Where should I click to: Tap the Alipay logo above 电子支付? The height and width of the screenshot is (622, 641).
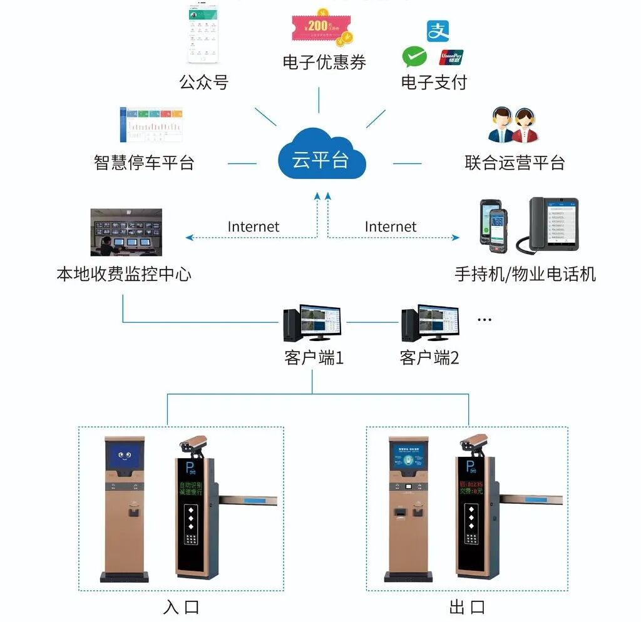438,31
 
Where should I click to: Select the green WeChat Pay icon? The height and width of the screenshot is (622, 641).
414,57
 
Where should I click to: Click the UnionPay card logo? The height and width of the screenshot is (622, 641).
451,57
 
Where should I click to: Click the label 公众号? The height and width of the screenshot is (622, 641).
203,81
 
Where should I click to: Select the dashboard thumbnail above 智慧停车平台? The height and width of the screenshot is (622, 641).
151,125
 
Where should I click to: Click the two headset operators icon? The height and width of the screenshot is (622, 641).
513,125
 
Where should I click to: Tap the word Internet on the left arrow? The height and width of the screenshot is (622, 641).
253,227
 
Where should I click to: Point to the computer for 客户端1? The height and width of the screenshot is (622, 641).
312,323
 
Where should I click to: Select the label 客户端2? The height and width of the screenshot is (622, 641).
429,358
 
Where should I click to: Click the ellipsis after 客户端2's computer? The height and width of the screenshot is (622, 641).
485,320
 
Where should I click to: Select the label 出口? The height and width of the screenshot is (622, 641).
467,607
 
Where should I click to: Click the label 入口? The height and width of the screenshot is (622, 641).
181,607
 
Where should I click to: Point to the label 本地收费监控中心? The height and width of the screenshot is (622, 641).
123,274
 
